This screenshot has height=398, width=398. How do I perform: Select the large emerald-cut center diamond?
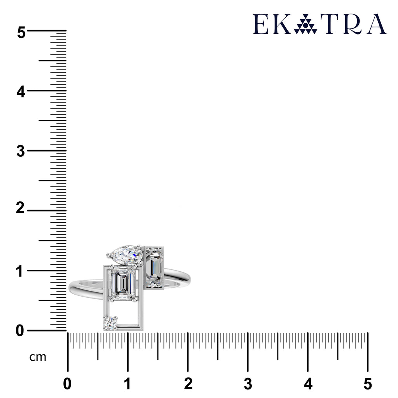tap(122, 283)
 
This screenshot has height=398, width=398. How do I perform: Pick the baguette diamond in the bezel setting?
tap(154, 267)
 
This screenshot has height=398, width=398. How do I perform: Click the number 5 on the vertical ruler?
tap(21, 33)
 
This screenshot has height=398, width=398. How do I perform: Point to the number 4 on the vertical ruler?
tap(21, 92)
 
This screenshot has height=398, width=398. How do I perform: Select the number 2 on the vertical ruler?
tap(20, 208)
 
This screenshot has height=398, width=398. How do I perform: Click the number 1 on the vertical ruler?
tap(19, 271)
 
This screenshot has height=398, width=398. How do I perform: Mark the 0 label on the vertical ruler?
tap(20, 331)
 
